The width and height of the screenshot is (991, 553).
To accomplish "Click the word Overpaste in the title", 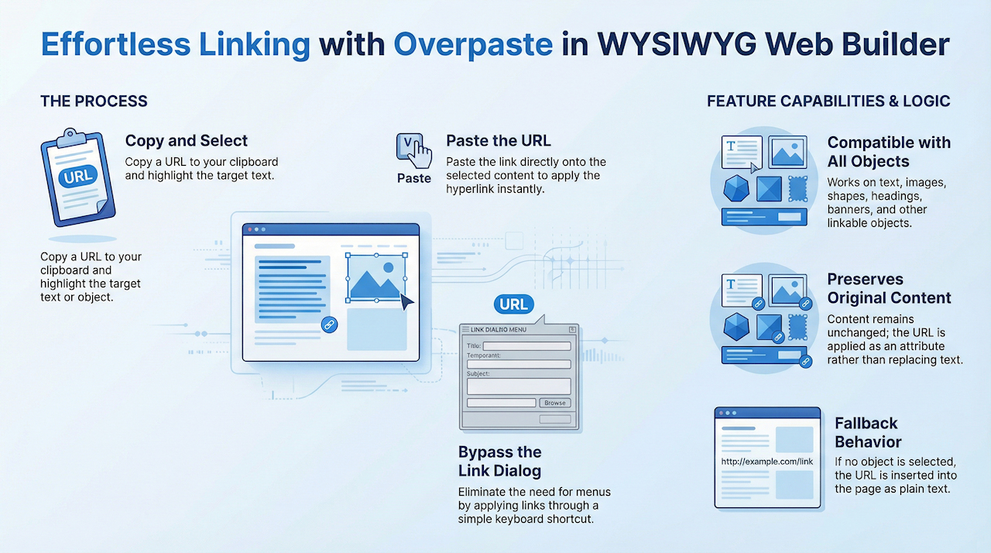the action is (473, 45).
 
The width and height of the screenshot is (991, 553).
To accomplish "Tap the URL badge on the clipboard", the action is (78, 177).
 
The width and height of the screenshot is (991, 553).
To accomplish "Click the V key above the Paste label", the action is (408, 144).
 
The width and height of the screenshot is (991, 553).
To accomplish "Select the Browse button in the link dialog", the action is (555, 403).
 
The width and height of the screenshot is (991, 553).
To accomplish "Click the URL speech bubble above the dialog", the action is (513, 304).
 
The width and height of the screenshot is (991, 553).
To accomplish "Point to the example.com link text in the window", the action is (767, 462).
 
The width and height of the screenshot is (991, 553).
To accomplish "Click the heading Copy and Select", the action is (187, 141).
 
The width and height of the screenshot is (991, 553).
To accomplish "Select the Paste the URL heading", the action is (499, 141).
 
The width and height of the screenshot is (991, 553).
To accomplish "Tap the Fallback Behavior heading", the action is (868, 433).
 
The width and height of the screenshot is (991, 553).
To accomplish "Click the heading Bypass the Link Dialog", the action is (500, 462).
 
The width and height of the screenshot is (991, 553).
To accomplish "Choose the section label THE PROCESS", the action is (94, 101).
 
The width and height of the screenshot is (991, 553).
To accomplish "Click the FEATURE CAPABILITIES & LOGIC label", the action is (828, 101).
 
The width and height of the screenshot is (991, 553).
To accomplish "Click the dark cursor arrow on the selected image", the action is (406, 302).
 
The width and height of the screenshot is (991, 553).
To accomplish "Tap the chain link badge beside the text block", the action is (329, 325).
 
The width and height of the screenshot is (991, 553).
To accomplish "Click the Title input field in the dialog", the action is (527, 346).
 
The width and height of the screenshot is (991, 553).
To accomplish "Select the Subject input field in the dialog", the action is (519, 386).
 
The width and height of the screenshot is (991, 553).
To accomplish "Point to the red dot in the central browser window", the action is (250, 229).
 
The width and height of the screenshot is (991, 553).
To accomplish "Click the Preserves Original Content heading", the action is (889, 288).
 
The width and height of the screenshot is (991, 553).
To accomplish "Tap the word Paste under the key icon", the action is (413, 178).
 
